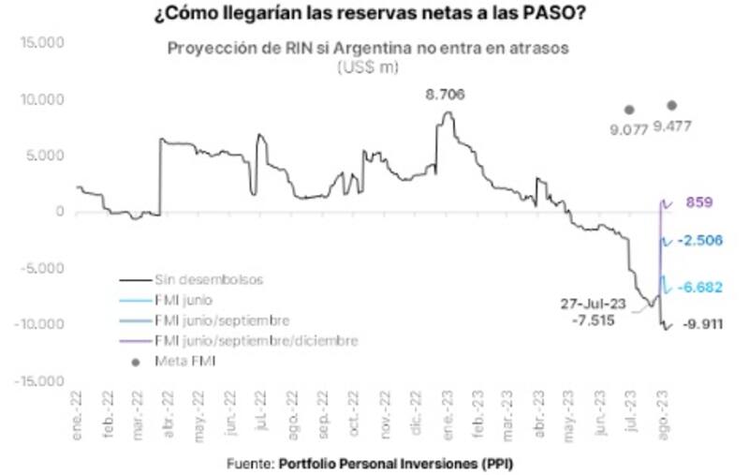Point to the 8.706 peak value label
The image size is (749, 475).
click(x=446, y=95)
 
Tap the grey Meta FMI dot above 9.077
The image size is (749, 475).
click(x=629, y=110)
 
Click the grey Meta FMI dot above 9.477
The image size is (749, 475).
click(x=671, y=105)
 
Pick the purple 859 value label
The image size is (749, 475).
click(x=700, y=201)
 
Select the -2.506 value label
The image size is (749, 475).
click(x=703, y=240)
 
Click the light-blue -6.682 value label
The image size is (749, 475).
click(x=703, y=286)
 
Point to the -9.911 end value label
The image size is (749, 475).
click(x=703, y=325)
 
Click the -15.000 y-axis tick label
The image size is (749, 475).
click(x=38, y=381)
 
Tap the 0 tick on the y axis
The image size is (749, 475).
click(x=59, y=212)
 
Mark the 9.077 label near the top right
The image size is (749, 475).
click(x=629, y=128)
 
